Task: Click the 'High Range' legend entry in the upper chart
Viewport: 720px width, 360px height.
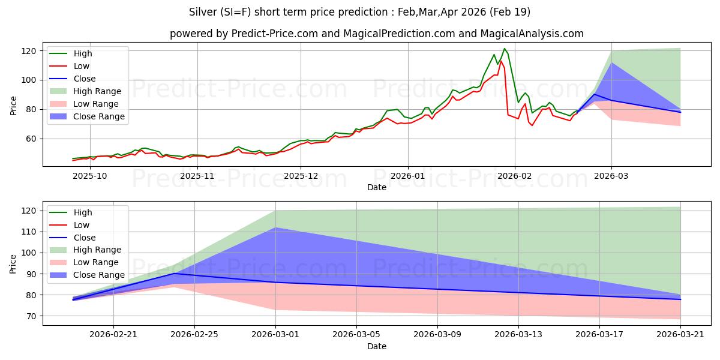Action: tap(97, 91)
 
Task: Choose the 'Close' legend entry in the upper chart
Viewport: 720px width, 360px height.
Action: tap(84, 79)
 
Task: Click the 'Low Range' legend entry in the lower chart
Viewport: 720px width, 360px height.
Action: tap(96, 262)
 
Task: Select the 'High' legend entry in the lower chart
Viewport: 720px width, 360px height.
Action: tap(83, 212)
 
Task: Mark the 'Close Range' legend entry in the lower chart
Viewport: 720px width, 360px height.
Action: tap(98, 275)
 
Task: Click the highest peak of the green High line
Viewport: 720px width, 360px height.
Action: tap(505, 49)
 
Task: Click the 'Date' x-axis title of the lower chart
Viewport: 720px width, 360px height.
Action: tap(376, 346)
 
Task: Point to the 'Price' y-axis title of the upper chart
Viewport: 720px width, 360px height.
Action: tap(13, 105)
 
